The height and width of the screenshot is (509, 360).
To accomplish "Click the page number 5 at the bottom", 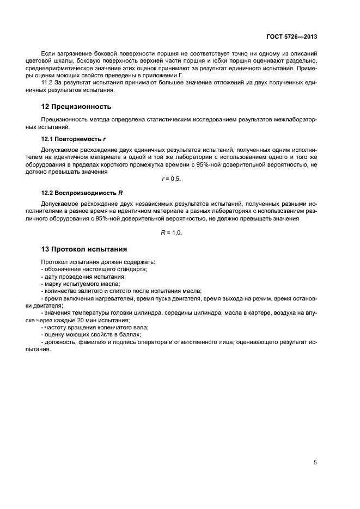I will click(315, 463).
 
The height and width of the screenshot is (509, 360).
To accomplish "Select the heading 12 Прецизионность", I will click(76, 106).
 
